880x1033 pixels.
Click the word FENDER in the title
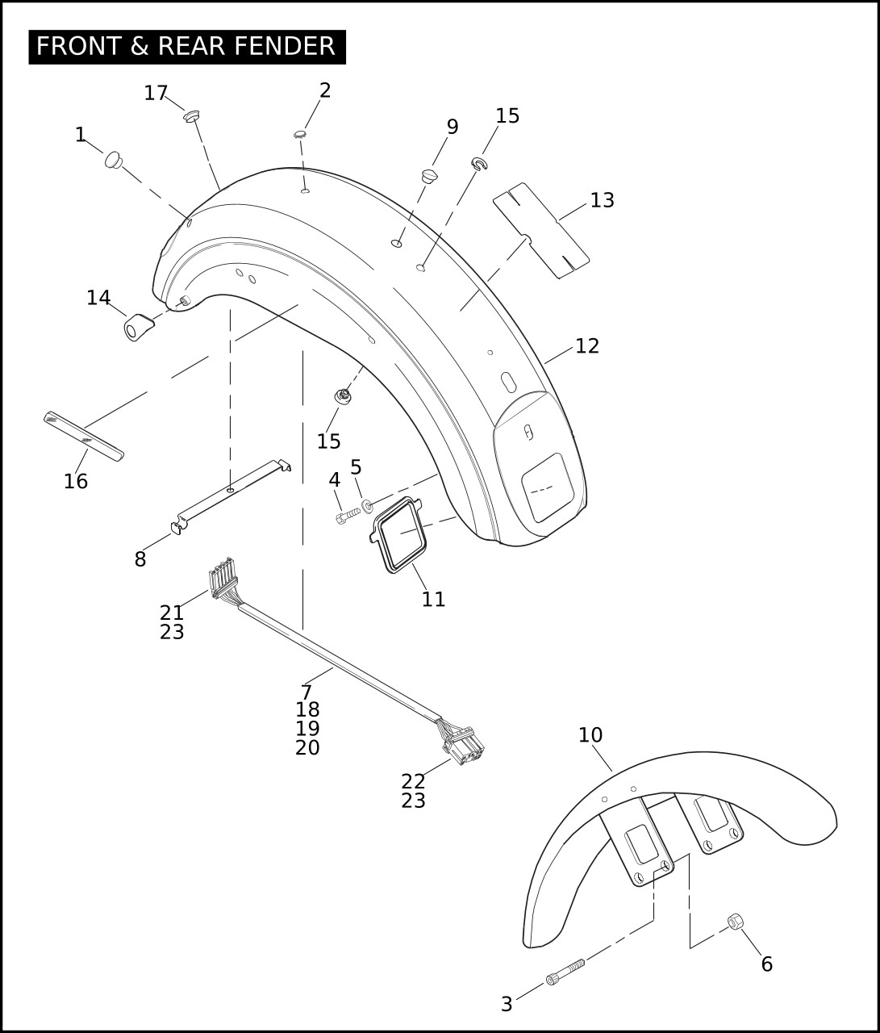click(x=284, y=46)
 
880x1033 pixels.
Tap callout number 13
click(x=602, y=200)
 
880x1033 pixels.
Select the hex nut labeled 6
click(x=735, y=921)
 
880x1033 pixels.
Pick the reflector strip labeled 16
click(x=83, y=437)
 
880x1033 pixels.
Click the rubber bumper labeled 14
click(x=139, y=327)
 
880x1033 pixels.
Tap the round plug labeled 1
click(x=114, y=160)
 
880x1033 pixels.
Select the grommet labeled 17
click(x=191, y=117)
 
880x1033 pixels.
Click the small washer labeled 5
click(x=367, y=506)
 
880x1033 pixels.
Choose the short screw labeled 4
click(x=348, y=515)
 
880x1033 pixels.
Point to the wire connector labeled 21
click(x=223, y=578)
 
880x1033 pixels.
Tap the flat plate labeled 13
click(x=541, y=230)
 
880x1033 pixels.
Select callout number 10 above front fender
click(x=590, y=735)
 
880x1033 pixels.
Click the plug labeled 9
click(x=429, y=176)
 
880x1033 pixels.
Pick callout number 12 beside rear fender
click(x=587, y=346)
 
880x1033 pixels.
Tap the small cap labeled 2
click(x=300, y=134)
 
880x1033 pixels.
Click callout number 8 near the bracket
click(x=140, y=559)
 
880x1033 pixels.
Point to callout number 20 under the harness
click(x=307, y=747)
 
